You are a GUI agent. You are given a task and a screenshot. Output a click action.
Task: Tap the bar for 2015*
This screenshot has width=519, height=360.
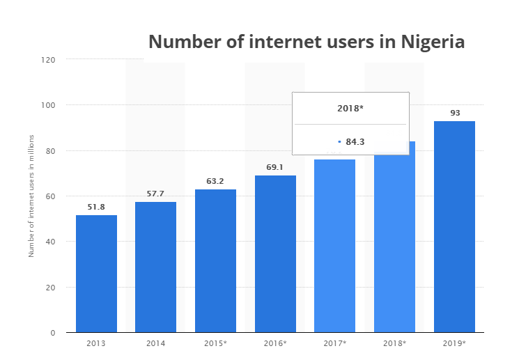click(x=215, y=260)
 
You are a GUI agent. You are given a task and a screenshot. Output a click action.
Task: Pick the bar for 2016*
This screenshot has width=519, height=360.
click(x=275, y=253)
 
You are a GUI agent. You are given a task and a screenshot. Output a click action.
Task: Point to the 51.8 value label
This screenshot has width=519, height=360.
click(x=96, y=207)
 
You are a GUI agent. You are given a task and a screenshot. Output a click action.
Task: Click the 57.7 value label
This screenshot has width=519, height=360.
click(x=156, y=194)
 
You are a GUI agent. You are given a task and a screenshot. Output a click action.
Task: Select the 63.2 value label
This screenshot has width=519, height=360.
click(x=215, y=181)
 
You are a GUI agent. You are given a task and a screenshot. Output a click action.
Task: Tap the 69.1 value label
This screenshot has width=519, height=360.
click(x=275, y=167)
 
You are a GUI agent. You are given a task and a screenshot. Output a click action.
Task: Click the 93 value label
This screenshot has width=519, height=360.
click(x=455, y=113)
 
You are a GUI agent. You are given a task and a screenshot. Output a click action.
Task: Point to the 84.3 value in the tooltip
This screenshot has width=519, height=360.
click(x=355, y=141)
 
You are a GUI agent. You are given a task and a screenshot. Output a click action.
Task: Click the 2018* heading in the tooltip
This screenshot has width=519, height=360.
click(x=350, y=108)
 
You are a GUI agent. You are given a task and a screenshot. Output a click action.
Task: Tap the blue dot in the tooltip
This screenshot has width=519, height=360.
click(x=339, y=141)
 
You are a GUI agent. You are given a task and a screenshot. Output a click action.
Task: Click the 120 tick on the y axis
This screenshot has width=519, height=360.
click(x=48, y=60)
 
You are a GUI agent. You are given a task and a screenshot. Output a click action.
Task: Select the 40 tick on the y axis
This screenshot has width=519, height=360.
click(x=51, y=242)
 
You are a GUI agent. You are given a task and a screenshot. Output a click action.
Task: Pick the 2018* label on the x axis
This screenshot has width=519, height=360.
click(x=394, y=343)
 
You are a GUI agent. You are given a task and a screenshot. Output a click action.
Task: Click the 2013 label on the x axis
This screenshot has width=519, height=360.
click(x=96, y=343)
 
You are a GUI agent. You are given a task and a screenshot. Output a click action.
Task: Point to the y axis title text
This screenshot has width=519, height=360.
click(x=31, y=197)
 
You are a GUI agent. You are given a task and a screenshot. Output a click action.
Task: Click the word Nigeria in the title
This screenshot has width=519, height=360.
click(x=433, y=41)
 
